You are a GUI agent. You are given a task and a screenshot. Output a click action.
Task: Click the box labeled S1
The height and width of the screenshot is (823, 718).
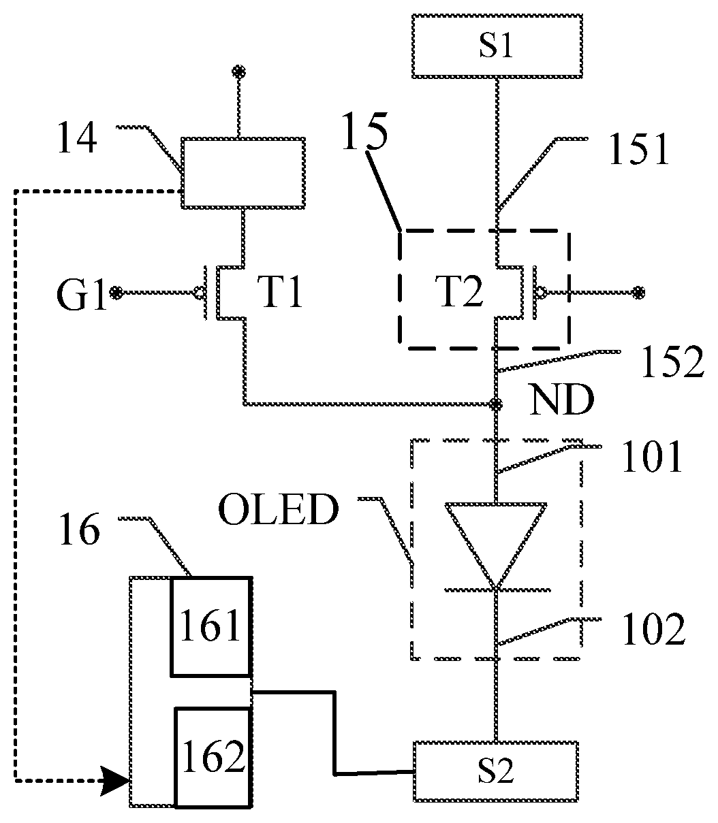497,46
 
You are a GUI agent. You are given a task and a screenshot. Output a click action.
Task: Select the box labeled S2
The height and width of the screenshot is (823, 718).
496,771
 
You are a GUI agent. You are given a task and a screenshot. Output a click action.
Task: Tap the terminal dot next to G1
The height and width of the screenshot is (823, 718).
116,293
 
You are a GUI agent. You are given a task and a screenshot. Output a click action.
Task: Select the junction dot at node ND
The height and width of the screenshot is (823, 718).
496,404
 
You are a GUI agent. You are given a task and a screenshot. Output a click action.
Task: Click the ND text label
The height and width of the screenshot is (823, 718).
562,400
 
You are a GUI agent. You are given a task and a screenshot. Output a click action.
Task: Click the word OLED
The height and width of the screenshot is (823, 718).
279,509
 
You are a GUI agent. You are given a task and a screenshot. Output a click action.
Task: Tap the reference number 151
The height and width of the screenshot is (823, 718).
639,150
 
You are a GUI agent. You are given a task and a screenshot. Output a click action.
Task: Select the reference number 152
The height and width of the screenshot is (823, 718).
672,362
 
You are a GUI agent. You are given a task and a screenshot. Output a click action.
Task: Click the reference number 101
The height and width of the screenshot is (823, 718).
652,457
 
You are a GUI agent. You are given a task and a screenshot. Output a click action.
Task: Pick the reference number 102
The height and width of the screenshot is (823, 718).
653,630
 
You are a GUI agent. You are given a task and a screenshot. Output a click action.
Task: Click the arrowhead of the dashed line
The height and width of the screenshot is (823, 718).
115,781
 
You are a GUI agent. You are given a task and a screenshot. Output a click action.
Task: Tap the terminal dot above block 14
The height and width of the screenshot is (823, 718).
238,72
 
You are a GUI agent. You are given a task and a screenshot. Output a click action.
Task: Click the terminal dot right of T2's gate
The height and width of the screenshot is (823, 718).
638,293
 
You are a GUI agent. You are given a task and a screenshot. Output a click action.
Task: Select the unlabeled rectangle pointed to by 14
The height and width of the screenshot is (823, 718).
243,174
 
